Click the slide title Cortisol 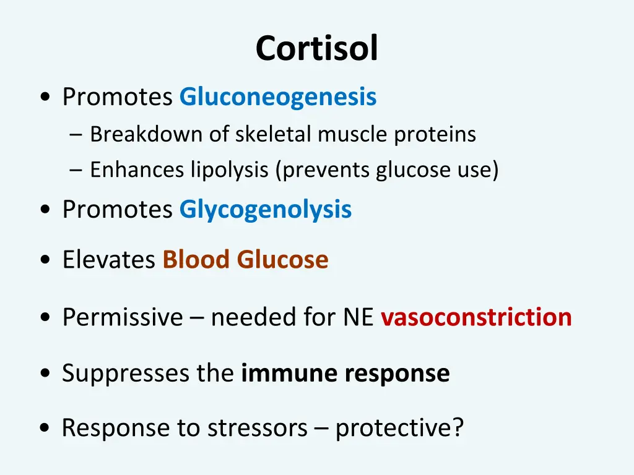(x=316, y=48)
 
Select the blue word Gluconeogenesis (x=277, y=97)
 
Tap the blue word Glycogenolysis (x=265, y=210)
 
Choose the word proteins (x=435, y=134)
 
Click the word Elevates (x=108, y=260)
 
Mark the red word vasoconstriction (x=475, y=317)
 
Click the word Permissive (x=123, y=317)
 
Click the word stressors (x=258, y=428)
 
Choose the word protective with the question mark (x=399, y=428)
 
